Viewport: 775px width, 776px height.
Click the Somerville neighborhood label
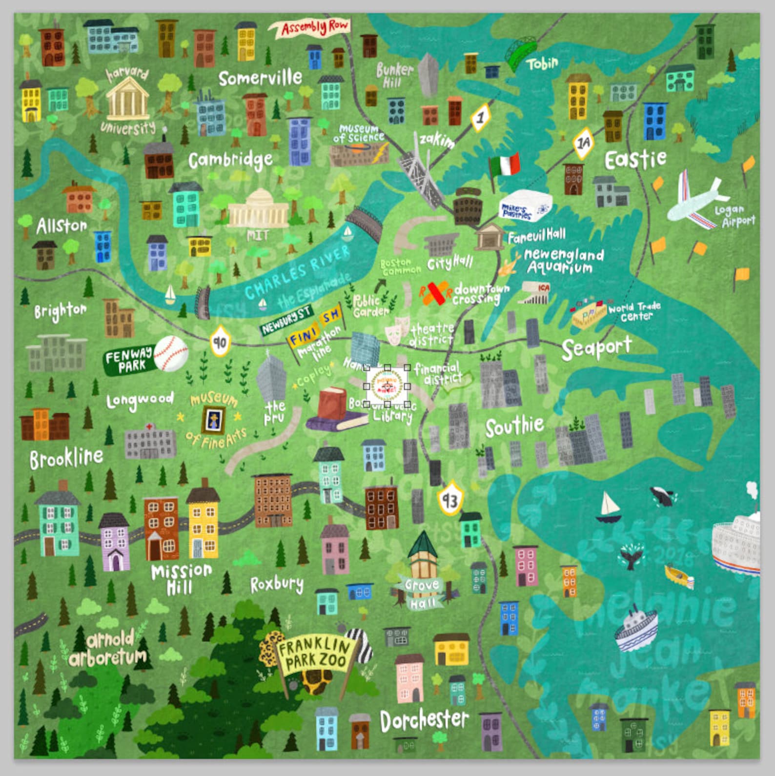point(260,78)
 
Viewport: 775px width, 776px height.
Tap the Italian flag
point(505,166)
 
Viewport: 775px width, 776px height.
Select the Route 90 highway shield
point(220,342)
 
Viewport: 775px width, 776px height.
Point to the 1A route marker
point(583,143)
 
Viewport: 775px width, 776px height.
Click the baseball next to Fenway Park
point(171,354)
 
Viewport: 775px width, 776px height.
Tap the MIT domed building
point(259,209)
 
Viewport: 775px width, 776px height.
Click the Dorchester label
point(424,720)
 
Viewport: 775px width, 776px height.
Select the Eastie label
point(635,159)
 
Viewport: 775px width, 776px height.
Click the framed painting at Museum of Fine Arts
point(214,420)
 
